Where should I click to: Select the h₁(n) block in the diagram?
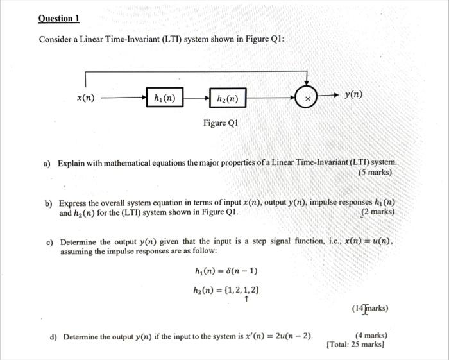coord(165,98)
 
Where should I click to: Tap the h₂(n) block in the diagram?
coord(228,99)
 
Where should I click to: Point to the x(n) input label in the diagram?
coord(85,98)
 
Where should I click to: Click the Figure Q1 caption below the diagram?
coord(220,123)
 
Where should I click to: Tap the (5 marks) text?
coord(375,172)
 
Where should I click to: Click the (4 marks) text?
coord(371,335)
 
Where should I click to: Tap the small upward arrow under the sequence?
coord(247,298)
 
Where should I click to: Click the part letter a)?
coord(47,163)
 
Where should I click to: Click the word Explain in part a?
coord(72,163)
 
